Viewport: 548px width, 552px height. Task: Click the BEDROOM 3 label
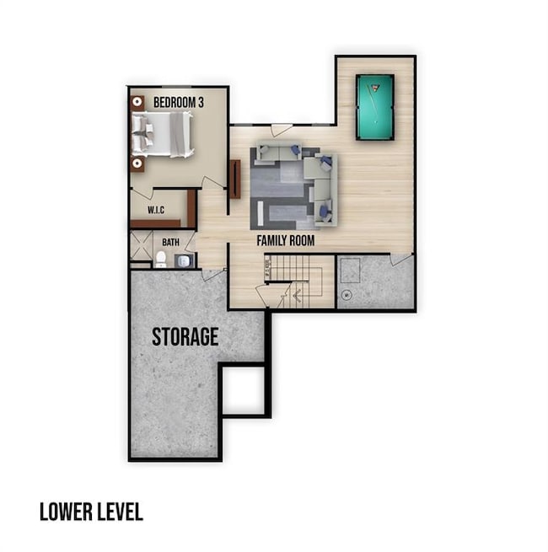pyautogui.click(x=178, y=103)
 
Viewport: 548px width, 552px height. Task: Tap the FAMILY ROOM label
pyautogui.click(x=285, y=241)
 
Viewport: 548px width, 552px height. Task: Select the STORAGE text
pyautogui.click(x=185, y=337)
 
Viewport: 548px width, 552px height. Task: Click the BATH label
pyautogui.click(x=171, y=243)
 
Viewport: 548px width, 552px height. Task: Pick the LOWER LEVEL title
pyautogui.click(x=91, y=512)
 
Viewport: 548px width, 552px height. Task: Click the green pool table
pyautogui.click(x=374, y=106)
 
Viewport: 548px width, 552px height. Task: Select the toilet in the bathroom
pyautogui.click(x=160, y=258)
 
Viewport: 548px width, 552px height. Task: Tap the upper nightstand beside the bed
pyautogui.click(x=136, y=103)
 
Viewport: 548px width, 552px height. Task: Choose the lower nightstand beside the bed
pyautogui.click(x=136, y=163)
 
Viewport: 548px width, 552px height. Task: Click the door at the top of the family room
pyautogui.click(x=282, y=130)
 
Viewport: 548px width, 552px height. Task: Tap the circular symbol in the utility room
pyautogui.click(x=347, y=296)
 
